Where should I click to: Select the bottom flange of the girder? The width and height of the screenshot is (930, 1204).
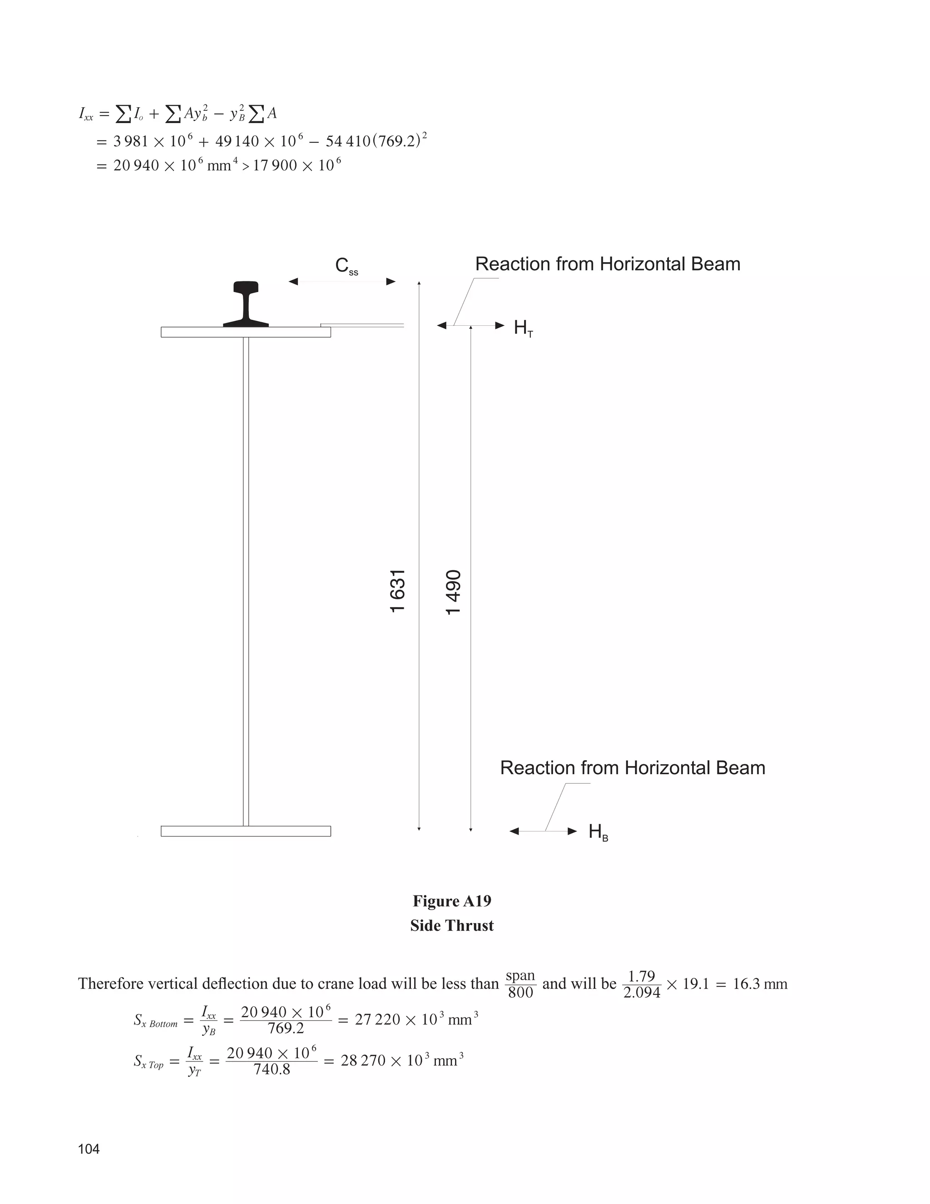coord(246,831)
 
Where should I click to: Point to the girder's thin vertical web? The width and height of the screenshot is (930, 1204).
coord(246,579)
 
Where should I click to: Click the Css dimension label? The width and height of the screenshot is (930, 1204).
coord(346,266)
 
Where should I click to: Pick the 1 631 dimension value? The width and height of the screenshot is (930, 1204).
coord(398,591)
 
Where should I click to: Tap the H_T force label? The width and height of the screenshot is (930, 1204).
coord(523,328)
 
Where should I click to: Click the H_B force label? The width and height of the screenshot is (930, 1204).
coord(598,832)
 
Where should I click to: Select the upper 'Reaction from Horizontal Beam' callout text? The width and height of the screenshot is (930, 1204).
coord(608,264)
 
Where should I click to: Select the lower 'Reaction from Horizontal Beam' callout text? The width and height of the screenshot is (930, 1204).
coord(633,768)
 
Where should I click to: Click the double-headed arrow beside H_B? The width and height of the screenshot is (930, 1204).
coord(543,831)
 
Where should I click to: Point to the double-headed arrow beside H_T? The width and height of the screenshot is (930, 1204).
coord(471,325)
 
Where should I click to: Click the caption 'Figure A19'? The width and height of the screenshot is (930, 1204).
coord(452,901)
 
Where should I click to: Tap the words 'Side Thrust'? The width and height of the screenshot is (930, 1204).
coord(452,925)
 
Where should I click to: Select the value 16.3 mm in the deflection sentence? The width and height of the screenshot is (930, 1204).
coord(760,984)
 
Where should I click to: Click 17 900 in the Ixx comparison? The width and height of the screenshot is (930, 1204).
coord(275,165)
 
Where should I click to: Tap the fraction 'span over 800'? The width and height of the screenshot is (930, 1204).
coord(520,984)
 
